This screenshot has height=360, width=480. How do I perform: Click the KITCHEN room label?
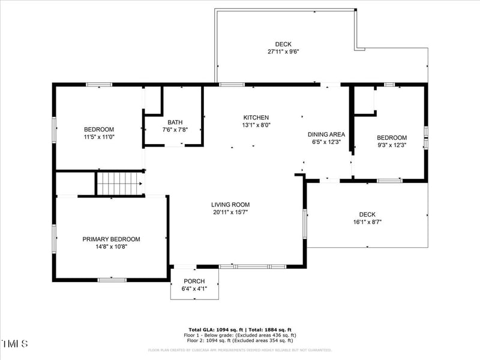[256, 118]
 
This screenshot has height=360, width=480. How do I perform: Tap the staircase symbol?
[120, 184]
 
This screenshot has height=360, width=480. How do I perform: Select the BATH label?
[175, 122]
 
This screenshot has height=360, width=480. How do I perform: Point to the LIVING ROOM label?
[230, 205]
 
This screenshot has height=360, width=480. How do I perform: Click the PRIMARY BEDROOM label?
[111, 239]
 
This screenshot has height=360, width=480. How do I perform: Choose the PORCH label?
[194, 281]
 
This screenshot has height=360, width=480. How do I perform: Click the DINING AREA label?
[326, 134]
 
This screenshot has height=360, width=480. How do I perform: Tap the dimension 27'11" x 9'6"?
[283, 52]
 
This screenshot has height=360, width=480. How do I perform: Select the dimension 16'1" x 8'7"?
[367, 222]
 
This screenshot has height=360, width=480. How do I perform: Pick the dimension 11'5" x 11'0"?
[99, 137]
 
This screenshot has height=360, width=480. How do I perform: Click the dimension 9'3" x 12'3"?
[392, 145]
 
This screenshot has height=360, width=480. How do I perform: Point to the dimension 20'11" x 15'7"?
[230, 212]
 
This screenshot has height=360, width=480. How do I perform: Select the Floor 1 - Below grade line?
[240, 335]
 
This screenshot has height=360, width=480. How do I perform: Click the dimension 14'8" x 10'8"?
[111, 246]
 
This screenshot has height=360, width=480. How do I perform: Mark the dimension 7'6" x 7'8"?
[175, 129]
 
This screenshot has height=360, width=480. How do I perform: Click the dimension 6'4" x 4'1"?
[194, 289]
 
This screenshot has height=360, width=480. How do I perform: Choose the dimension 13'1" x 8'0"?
[256, 125]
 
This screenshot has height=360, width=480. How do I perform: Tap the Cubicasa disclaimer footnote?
[240, 350]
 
